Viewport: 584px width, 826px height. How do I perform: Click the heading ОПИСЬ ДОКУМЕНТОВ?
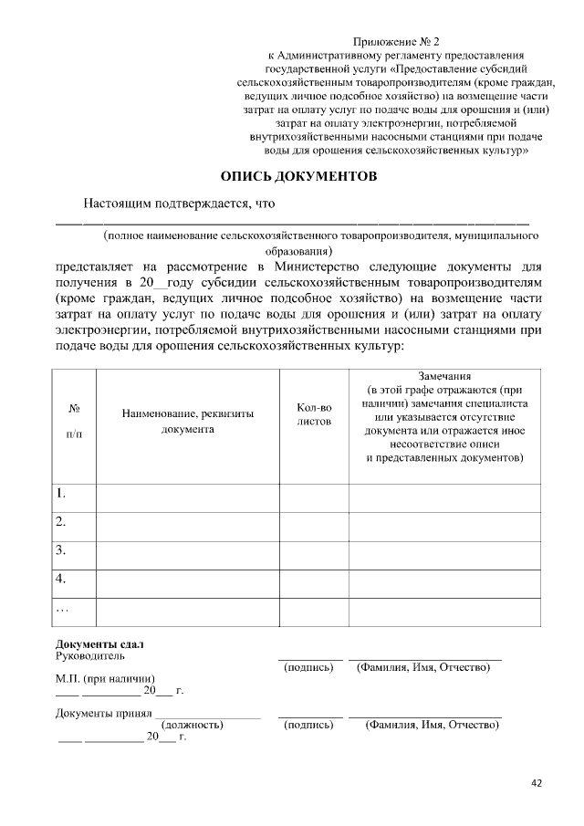[x=298, y=176]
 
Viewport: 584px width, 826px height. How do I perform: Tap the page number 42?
[x=537, y=782]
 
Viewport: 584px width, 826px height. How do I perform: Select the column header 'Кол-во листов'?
[x=314, y=414]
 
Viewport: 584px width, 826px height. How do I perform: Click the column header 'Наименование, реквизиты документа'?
[x=188, y=421]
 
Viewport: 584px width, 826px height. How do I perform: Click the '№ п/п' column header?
[x=74, y=421]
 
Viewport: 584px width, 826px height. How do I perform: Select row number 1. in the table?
[x=61, y=494]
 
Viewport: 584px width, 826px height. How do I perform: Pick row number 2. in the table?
[x=61, y=522]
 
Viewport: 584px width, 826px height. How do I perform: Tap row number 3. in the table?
[x=61, y=550]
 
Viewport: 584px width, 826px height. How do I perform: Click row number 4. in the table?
[x=61, y=579]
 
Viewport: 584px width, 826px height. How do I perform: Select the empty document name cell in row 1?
[x=188, y=494]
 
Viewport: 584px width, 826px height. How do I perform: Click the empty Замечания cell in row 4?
[x=443, y=579]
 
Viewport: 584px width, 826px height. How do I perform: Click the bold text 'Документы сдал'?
[x=99, y=644]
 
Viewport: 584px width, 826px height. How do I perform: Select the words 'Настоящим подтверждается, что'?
[x=179, y=204]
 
